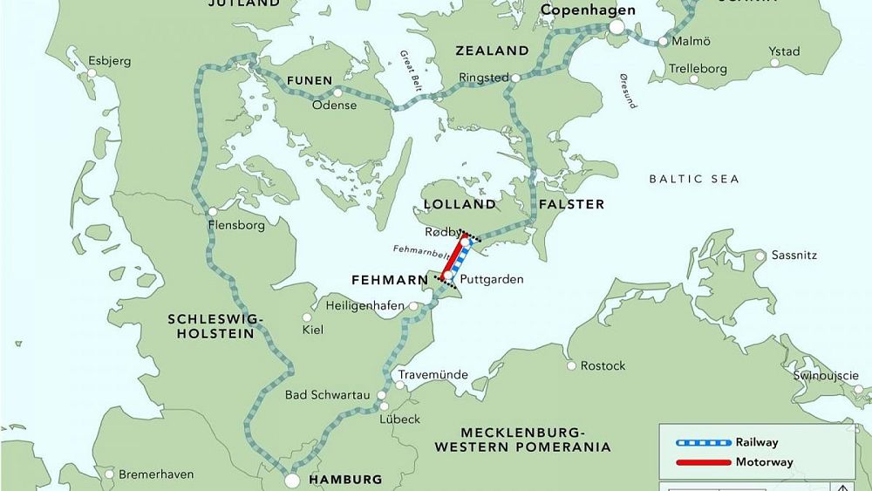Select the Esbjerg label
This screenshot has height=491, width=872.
coord(111,61)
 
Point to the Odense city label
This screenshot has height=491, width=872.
coord(334,105)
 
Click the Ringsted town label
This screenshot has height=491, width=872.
coord(484,78)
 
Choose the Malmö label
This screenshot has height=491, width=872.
coord(691,41)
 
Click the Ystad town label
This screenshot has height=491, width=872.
coord(784,51)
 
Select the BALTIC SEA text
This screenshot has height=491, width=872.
coord(693,179)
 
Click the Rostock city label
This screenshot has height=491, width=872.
coord(603,365)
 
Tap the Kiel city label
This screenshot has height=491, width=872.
coord(311,331)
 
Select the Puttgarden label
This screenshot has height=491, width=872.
coord(492,280)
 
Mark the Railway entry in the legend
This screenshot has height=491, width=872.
coord(756,442)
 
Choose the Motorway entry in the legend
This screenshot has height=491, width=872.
coord(761,462)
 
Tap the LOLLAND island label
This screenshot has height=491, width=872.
coord(459,204)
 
